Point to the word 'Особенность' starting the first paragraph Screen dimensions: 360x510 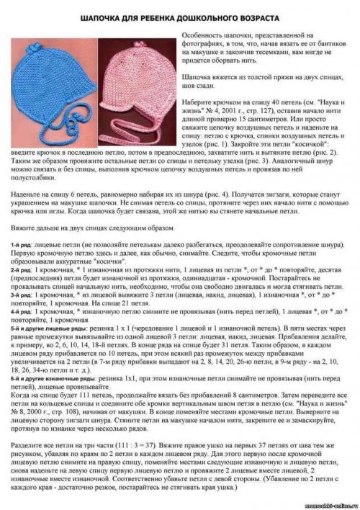pyautogui.click(x=198, y=35)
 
